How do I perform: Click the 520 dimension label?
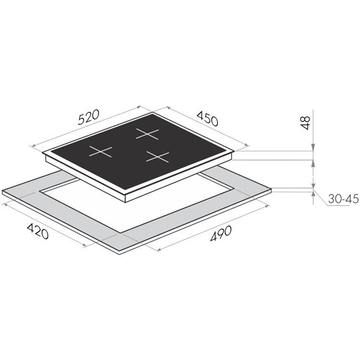[x=89, y=118]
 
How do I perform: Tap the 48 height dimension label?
[x=305, y=123]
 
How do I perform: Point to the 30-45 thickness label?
[x=343, y=199]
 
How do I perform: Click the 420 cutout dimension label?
[x=38, y=231]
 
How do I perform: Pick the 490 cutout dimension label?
[x=221, y=233]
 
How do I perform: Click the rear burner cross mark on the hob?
[x=147, y=134]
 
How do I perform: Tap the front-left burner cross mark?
[x=100, y=152]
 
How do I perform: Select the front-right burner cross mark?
[x=157, y=157]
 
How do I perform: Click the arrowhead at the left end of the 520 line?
[x=32, y=146]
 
